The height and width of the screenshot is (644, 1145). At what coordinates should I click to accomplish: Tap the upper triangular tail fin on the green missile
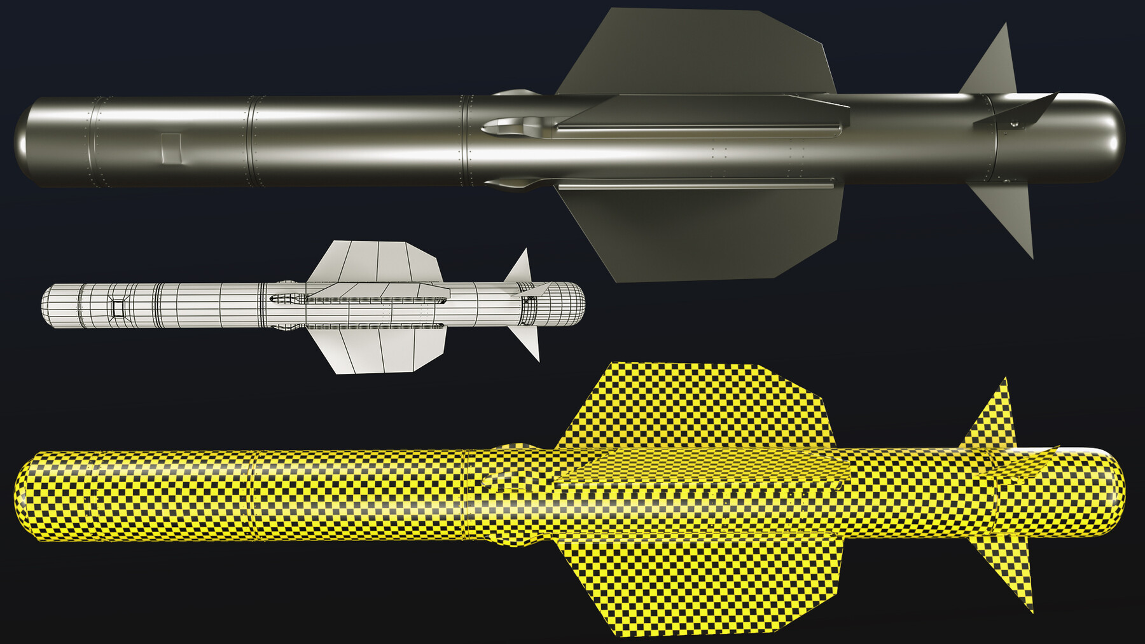(992, 70)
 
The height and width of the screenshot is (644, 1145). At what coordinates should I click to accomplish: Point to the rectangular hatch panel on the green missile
(172, 147)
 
